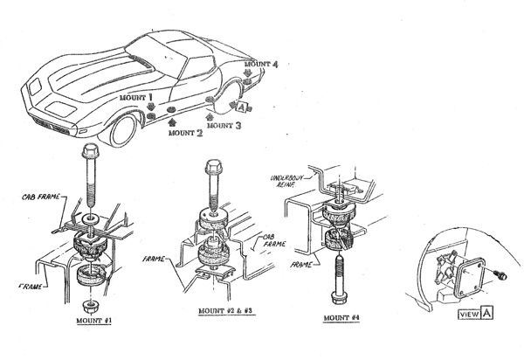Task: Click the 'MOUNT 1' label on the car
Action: pyautogui.click(x=137, y=99)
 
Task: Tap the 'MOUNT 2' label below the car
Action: pyautogui.click(x=186, y=134)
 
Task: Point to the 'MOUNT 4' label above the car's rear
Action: pyautogui.click(x=261, y=65)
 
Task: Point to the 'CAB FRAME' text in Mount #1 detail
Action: pyautogui.click(x=42, y=198)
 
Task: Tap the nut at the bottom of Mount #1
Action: pyautogui.click(x=89, y=306)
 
